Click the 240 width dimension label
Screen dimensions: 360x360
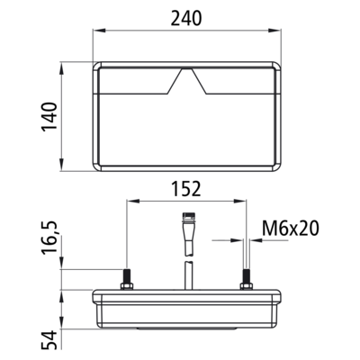point(186,18)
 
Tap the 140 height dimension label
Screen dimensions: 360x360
point(49,117)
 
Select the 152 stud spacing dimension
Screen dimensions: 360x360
point(186,189)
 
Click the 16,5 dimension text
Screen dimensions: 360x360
point(49,238)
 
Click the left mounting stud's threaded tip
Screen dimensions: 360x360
point(127,275)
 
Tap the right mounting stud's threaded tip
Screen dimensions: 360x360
point(247,275)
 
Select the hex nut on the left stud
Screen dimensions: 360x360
point(127,286)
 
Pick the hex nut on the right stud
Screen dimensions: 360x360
point(247,286)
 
